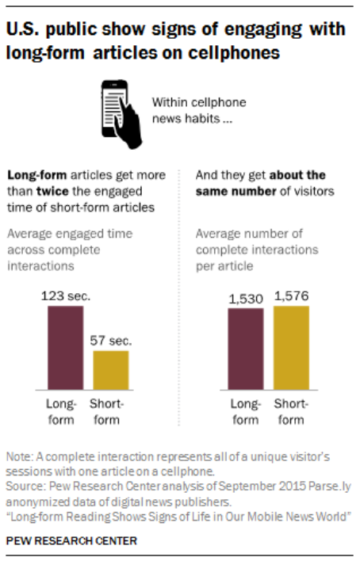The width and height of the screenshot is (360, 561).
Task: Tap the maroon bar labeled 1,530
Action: click(x=246, y=349)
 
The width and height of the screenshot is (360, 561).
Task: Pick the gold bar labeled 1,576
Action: click(x=291, y=347)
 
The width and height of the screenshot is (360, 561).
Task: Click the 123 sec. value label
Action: click(x=65, y=296)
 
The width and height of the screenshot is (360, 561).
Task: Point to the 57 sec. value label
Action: click(x=110, y=342)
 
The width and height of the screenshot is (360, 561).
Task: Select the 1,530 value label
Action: click(x=246, y=300)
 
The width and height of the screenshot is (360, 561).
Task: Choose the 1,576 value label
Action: click(x=291, y=296)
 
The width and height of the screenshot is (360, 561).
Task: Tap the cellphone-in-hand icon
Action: click(x=120, y=111)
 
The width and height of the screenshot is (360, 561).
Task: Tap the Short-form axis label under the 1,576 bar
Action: click(x=291, y=411)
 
